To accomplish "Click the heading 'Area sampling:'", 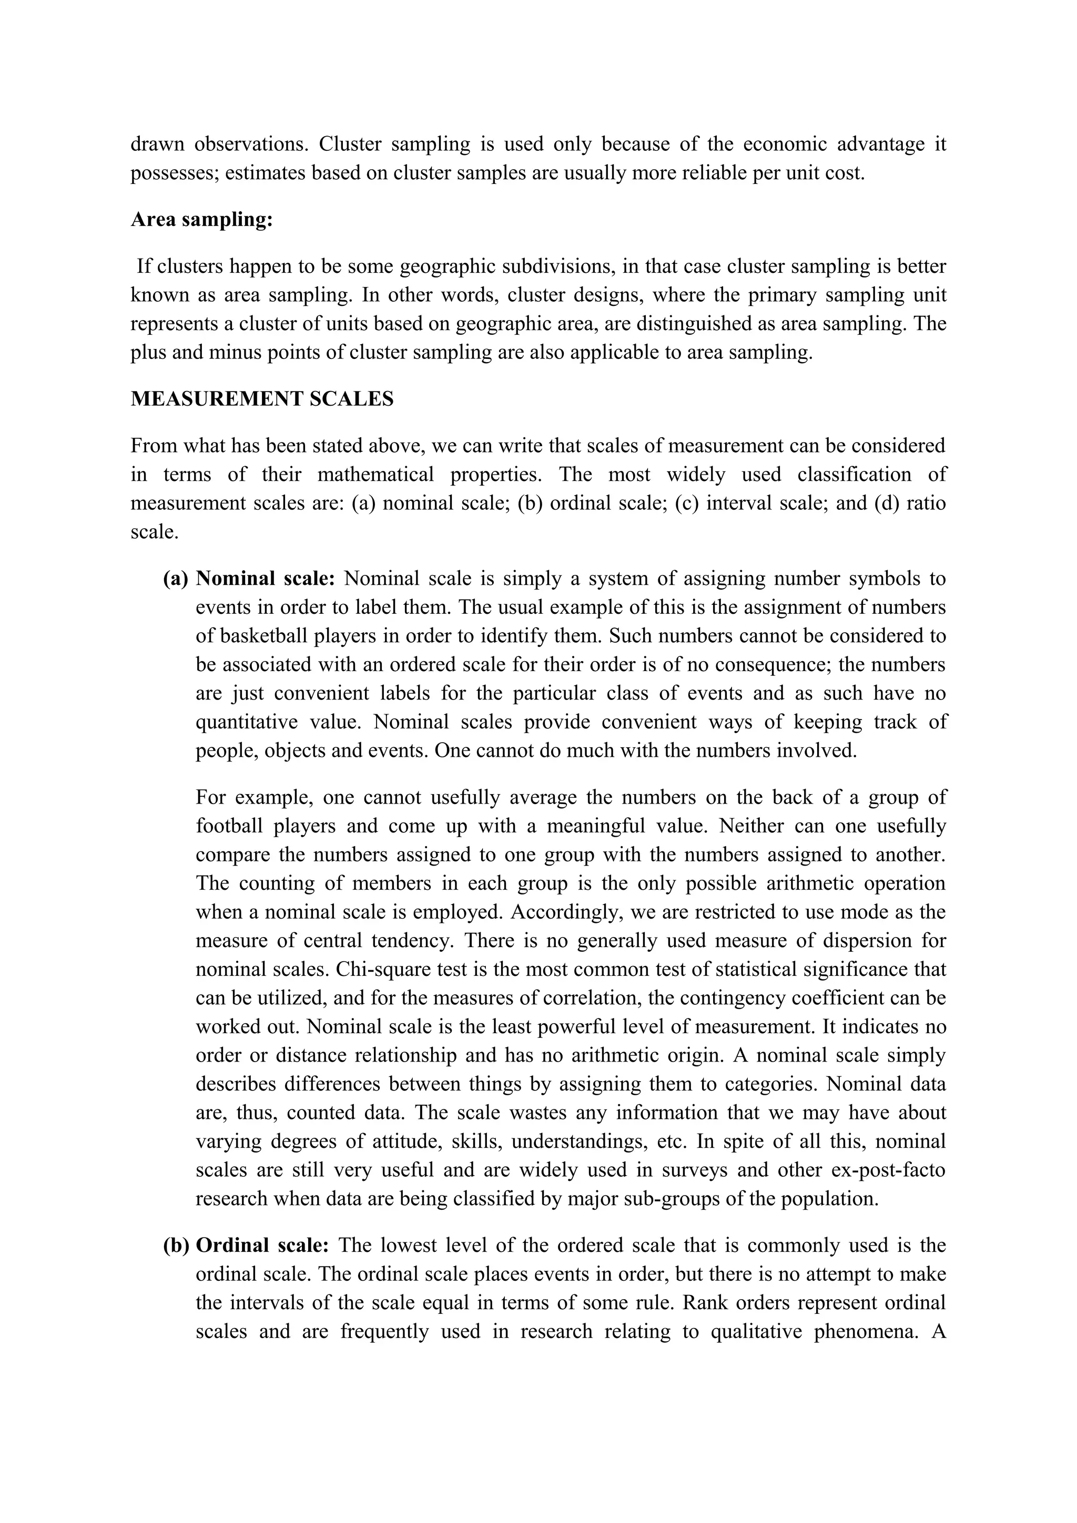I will tap(202, 220).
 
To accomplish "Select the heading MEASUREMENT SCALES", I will tap(262, 399).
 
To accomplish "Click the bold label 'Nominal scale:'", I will tap(266, 579).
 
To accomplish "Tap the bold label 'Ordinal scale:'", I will tap(263, 1245).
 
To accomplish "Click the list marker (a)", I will tap(175, 579).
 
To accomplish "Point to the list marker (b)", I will tap(176, 1245).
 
